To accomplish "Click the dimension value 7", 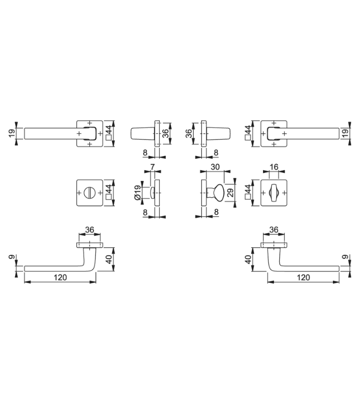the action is pyautogui.click(x=152, y=167).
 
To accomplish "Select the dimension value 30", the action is pyautogui.click(x=215, y=167).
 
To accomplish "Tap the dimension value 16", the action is pyautogui.click(x=274, y=167).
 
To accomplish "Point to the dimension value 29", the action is pyautogui.click(x=231, y=193).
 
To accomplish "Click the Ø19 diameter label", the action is pyautogui.click(x=138, y=193).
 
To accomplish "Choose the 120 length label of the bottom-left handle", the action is pyautogui.click(x=60, y=277).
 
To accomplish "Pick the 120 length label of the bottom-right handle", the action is pyautogui.click(x=303, y=277).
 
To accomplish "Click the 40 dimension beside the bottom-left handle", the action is pyautogui.click(x=109, y=259).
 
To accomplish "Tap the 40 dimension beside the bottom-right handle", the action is pyautogui.click(x=248, y=259).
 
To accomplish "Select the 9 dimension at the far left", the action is pyautogui.click(x=12, y=257).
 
